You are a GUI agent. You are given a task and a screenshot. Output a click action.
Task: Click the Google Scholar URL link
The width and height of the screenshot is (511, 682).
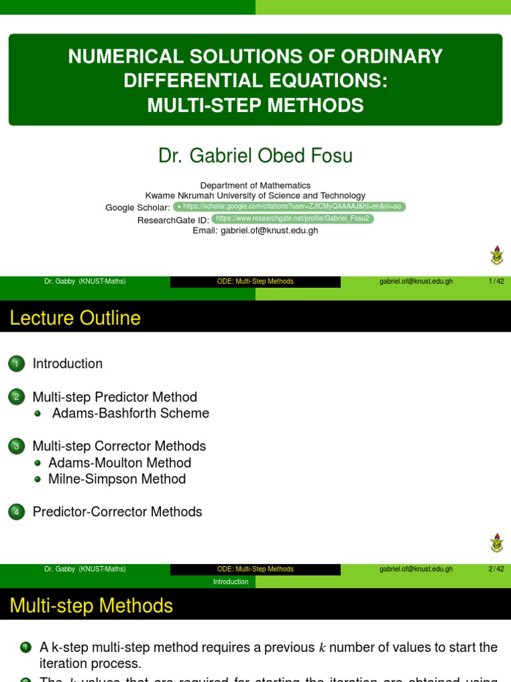pyautogui.click(x=289, y=207)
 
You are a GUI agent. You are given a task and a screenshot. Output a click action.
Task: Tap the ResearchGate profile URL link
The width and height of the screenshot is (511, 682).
pyautogui.click(x=293, y=218)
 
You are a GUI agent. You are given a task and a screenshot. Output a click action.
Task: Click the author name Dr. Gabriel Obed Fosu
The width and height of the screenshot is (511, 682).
pyautogui.click(x=255, y=156)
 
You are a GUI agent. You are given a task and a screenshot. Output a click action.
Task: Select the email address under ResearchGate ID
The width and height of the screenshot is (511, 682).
pyautogui.click(x=255, y=230)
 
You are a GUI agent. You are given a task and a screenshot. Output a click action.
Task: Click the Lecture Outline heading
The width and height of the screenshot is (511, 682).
pyautogui.click(x=75, y=318)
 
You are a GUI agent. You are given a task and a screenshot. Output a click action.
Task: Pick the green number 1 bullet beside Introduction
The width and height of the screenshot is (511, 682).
pyautogui.click(x=17, y=364)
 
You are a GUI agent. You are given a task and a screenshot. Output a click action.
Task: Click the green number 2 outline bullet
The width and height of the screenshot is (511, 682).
pyautogui.click(x=17, y=397)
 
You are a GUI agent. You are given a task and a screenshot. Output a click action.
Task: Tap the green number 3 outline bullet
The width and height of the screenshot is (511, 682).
pyautogui.click(x=17, y=446)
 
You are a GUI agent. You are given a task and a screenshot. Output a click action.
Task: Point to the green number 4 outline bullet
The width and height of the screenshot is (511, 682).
pyautogui.click(x=17, y=512)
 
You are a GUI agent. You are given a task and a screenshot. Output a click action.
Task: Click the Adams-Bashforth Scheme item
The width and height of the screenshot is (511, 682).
pyautogui.click(x=130, y=414)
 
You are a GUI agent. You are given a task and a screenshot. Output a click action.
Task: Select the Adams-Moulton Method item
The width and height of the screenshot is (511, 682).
pyautogui.click(x=120, y=463)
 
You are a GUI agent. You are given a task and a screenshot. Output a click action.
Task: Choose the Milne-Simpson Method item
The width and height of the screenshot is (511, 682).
pyautogui.click(x=117, y=479)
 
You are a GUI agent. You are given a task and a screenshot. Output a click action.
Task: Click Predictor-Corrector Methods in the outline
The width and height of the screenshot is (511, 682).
pyautogui.click(x=117, y=512)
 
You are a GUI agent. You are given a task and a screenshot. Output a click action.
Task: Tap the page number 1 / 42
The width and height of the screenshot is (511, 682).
pyautogui.click(x=496, y=281)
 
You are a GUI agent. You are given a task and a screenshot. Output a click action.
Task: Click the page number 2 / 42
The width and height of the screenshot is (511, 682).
pyautogui.click(x=496, y=569)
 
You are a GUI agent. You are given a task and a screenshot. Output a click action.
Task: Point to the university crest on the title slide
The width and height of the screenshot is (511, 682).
pyautogui.click(x=496, y=255)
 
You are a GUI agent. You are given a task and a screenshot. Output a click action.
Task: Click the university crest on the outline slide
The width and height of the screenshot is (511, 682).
pyautogui.click(x=496, y=542)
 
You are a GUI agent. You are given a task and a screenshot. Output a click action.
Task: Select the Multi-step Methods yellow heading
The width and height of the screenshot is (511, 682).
pyautogui.click(x=91, y=606)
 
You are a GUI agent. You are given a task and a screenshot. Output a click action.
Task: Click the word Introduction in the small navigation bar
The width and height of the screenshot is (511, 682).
pyautogui.click(x=231, y=582)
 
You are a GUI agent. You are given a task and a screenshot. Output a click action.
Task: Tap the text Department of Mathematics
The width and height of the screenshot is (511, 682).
pyautogui.click(x=255, y=185)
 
